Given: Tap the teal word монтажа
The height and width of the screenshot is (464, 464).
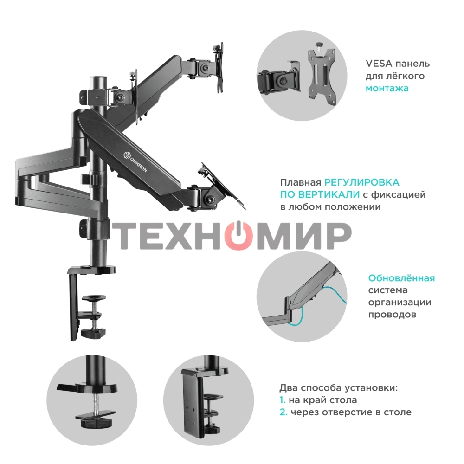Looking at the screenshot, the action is [x=387, y=89].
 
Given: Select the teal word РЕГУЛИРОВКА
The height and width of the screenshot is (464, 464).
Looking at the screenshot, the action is [x=362, y=182].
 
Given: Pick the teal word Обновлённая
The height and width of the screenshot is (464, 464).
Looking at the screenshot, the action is [x=401, y=278].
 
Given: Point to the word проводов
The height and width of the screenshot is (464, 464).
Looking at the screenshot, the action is [x=392, y=315].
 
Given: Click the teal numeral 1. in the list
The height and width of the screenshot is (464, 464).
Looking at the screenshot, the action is [x=282, y=400].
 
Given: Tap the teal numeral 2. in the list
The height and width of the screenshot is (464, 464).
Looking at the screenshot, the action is [x=284, y=412].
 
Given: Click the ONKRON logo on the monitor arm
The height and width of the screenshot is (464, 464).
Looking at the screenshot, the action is [x=135, y=161].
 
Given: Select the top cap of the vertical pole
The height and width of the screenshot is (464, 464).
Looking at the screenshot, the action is [x=98, y=79].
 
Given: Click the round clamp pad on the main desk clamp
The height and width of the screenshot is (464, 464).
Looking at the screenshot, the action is [x=94, y=297].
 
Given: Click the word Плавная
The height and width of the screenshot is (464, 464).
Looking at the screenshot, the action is [x=300, y=182].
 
